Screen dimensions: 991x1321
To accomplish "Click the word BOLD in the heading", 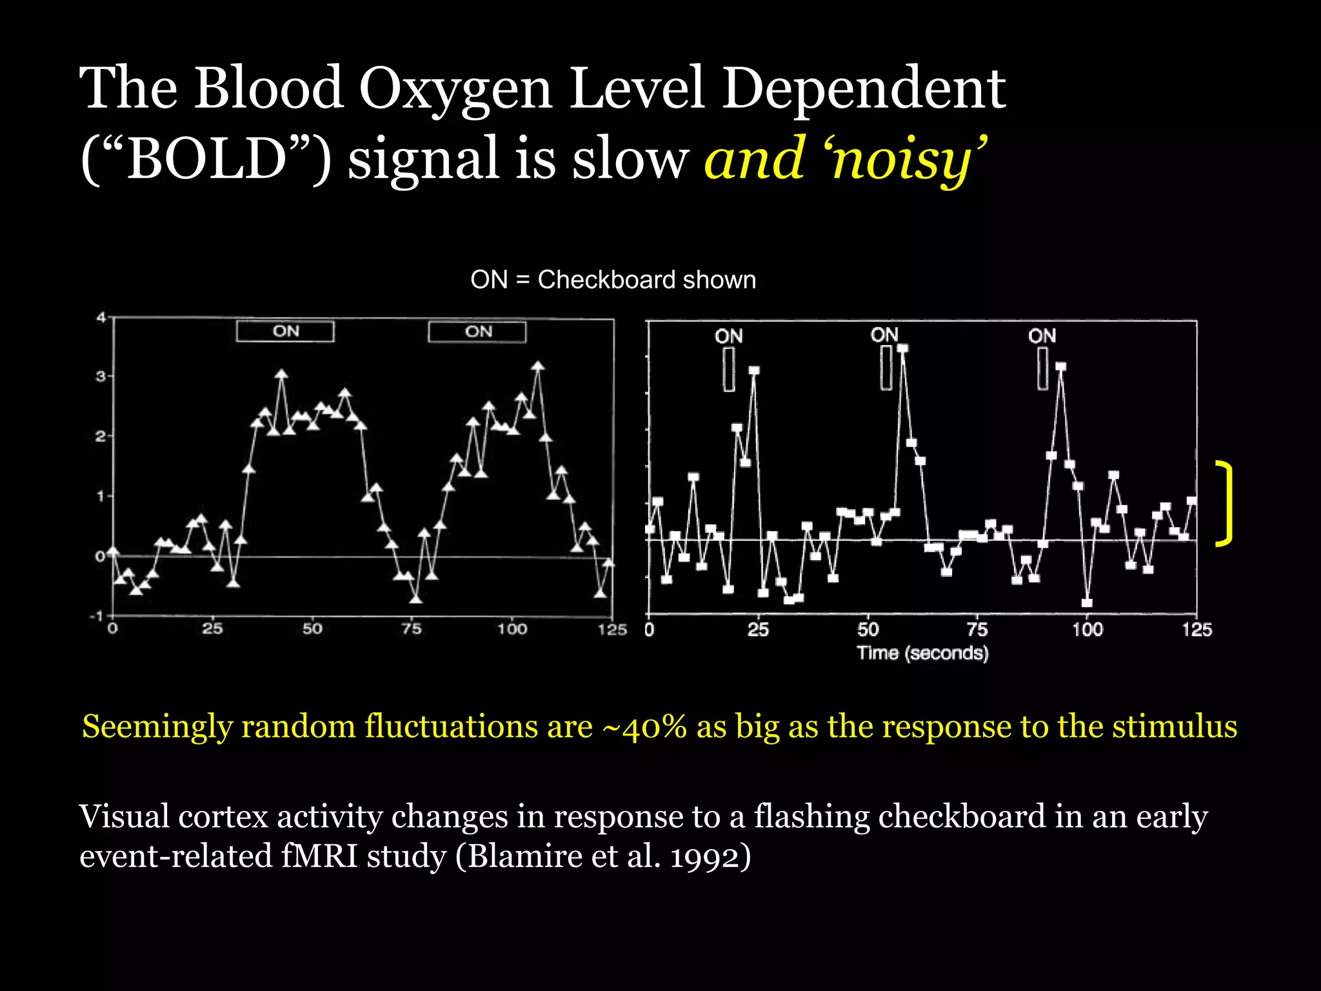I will click(x=206, y=159).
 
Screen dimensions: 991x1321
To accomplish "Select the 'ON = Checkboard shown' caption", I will click(x=613, y=280).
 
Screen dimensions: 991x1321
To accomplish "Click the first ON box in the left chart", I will click(x=285, y=332).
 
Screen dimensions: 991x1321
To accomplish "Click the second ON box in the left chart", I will click(x=477, y=332).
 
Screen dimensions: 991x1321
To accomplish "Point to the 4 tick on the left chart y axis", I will click(x=101, y=317).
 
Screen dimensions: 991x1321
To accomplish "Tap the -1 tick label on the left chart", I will click(x=97, y=616).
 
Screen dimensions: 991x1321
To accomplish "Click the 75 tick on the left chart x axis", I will click(x=412, y=629).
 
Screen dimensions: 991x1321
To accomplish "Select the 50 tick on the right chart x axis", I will click(x=868, y=630).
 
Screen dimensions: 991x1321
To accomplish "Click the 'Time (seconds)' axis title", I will click(x=922, y=654).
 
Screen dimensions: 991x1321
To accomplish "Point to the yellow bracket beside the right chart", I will click(x=1225, y=504).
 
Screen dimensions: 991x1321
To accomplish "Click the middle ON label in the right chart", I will click(x=884, y=335).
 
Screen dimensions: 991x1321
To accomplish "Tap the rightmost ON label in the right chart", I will click(x=1042, y=335).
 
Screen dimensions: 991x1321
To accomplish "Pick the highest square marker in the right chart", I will click(x=902, y=348).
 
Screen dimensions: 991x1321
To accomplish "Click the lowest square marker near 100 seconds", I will click(x=1087, y=603).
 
